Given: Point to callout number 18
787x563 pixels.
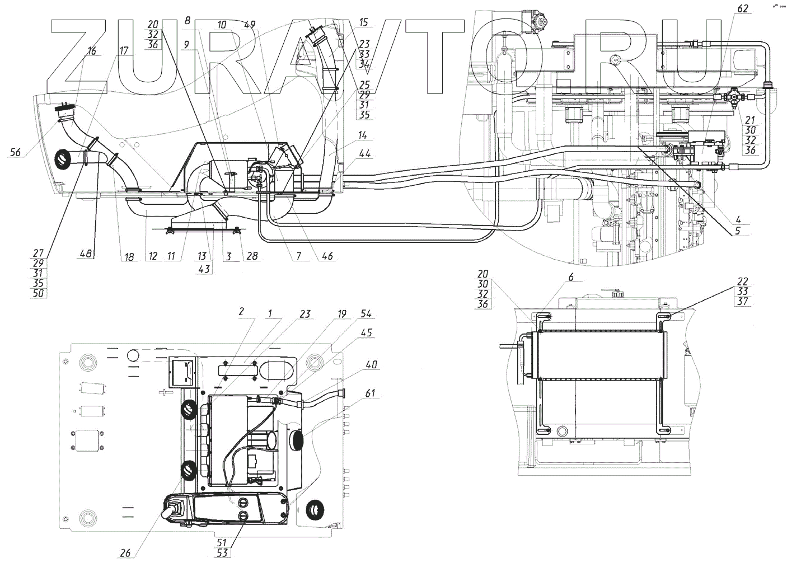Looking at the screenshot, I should pyautogui.click(x=129, y=256).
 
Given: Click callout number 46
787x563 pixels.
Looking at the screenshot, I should pyautogui.click(x=326, y=256).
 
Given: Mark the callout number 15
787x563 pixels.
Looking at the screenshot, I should pyautogui.click(x=363, y=22).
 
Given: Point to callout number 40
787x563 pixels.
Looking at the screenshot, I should pyautogui.click(x=371, y=365).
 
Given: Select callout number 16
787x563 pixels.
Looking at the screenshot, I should pyautogui.click(x=92, y=51).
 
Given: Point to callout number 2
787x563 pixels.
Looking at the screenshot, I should pyautogui.click(x=241, y=313).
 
